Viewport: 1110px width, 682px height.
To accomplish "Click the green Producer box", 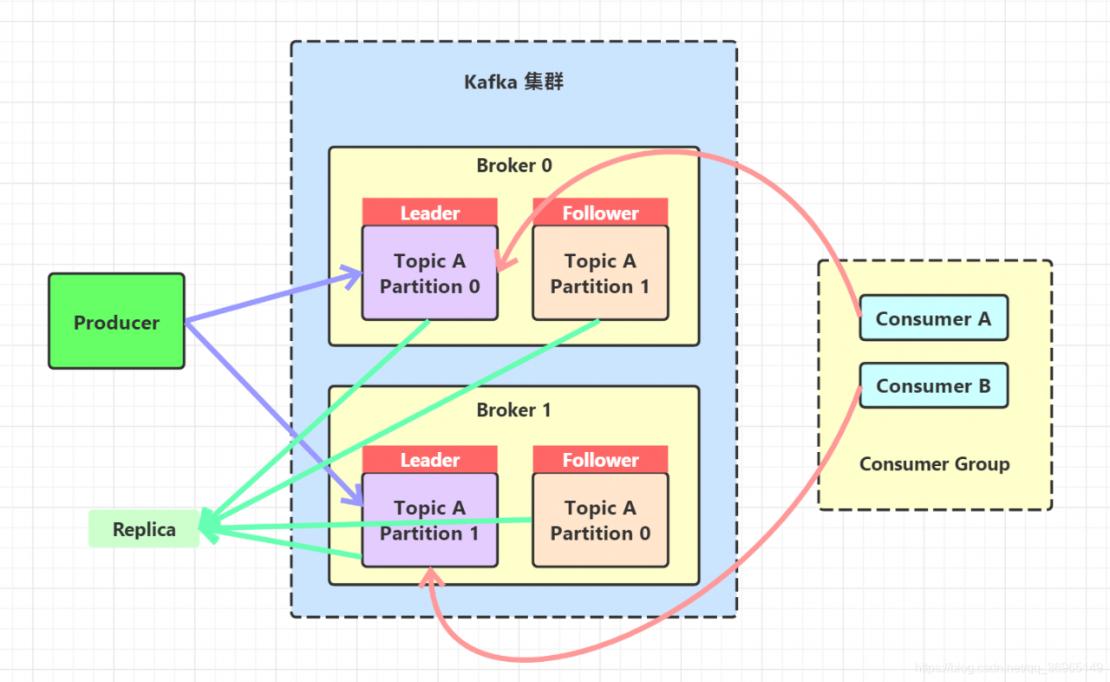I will pos(116,322).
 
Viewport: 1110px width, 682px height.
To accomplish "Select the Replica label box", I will pos(144,529).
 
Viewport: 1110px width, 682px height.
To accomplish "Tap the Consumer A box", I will pos(933,318).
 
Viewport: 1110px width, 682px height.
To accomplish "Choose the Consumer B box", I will pos(933,386).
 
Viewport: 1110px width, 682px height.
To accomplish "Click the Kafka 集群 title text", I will pos(514,82).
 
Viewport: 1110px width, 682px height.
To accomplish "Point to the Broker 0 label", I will pos(514,165).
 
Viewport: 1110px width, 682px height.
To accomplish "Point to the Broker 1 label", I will pos(514,410).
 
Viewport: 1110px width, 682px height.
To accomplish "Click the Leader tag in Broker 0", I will pos(430,213).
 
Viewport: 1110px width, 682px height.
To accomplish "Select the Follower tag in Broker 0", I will pos(600,213).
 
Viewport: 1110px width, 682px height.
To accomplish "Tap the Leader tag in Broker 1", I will pos(430,460).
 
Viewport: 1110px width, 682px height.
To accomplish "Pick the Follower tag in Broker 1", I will pos(600,460).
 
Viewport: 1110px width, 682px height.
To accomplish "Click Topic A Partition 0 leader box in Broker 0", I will pos(430,273).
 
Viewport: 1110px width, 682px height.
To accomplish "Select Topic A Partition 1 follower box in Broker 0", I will pos(600,273).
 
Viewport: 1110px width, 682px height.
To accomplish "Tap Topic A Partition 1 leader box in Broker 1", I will pos(430,521).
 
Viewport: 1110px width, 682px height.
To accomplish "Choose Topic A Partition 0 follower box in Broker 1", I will pos(600,521).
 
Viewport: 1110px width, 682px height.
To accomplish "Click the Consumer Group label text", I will pos(934,464).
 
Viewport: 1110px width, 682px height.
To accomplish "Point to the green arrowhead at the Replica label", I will pos(208,525).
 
